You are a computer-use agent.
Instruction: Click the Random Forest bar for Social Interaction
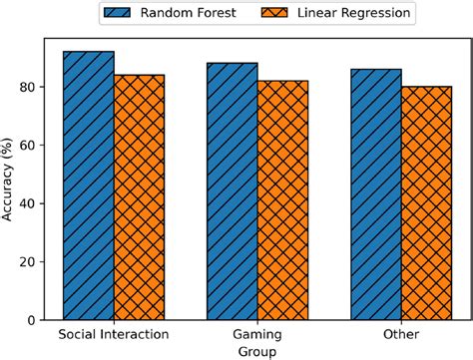click(x=89, y=185)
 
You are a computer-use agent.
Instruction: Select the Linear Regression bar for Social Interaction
click(x=139, y=196)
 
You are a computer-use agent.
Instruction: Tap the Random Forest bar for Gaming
click(x=232, y=190)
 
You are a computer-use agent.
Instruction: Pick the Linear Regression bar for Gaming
click(x=282, y=199)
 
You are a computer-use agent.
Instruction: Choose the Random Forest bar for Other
click(x=376, y=193)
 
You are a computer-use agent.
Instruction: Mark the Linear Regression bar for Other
click(x=426, y=202)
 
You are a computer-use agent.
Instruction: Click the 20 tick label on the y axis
click(x=29, y=261)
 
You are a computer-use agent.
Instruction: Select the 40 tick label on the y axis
click(x=29, y=203)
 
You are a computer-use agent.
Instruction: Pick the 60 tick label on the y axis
click(x=29, y=146)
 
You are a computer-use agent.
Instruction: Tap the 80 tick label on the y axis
click(x=29, y=88)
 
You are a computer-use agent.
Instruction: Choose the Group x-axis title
click(x=257, y=351)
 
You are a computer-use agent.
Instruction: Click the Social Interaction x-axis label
click(x=114, y=334)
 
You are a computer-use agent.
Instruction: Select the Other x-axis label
click(x=401, y=334)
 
